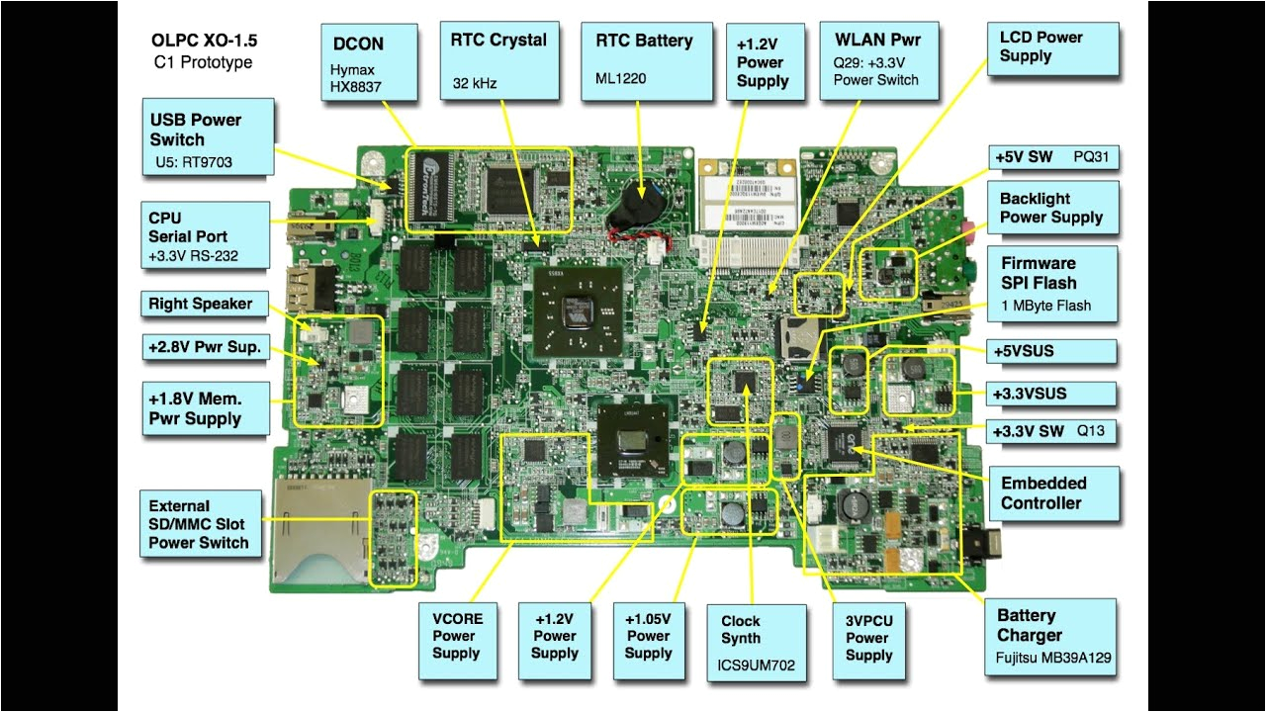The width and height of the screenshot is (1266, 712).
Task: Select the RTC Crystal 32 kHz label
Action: pos(497,61)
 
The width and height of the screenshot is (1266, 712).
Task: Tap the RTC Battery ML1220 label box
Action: pos(645,61)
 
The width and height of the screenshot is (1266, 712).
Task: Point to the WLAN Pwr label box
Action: pos(877,61)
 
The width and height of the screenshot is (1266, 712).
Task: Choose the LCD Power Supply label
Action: pos(1053,50)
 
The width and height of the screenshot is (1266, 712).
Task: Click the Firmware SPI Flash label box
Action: pos(1053,282)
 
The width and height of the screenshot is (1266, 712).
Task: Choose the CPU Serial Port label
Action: pos(205,235)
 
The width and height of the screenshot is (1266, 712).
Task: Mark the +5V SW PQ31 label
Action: pos(1053,157)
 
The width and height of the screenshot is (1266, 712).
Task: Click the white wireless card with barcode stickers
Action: pos(749,198)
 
